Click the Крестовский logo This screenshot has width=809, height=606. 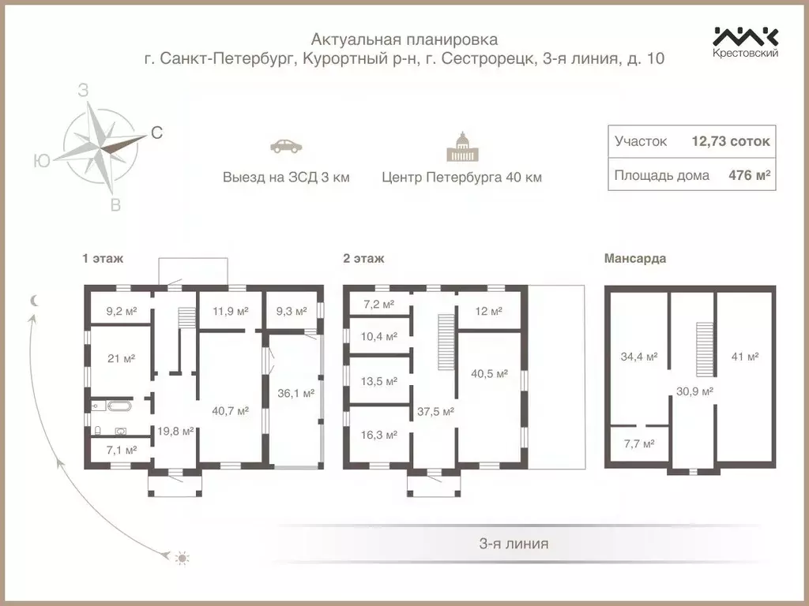point(746,42)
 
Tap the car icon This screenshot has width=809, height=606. point(285,146)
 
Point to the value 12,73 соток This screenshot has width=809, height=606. point(730,142)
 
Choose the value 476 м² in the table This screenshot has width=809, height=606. point(749,175)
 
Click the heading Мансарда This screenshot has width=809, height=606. point(634,258)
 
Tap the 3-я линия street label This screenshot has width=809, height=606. point(514,544)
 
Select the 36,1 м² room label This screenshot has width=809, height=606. point(296,392)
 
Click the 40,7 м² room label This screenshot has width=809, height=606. point(231,410)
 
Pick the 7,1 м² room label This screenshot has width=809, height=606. point(121,450)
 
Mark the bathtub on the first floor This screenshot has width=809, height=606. point(121,406)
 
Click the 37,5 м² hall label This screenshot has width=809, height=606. point(435,411)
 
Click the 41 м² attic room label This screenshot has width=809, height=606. point(745,357)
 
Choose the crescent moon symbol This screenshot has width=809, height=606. point(34,300)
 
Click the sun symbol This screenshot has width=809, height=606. point(182,559)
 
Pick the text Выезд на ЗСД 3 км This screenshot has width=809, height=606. point(285,178)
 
